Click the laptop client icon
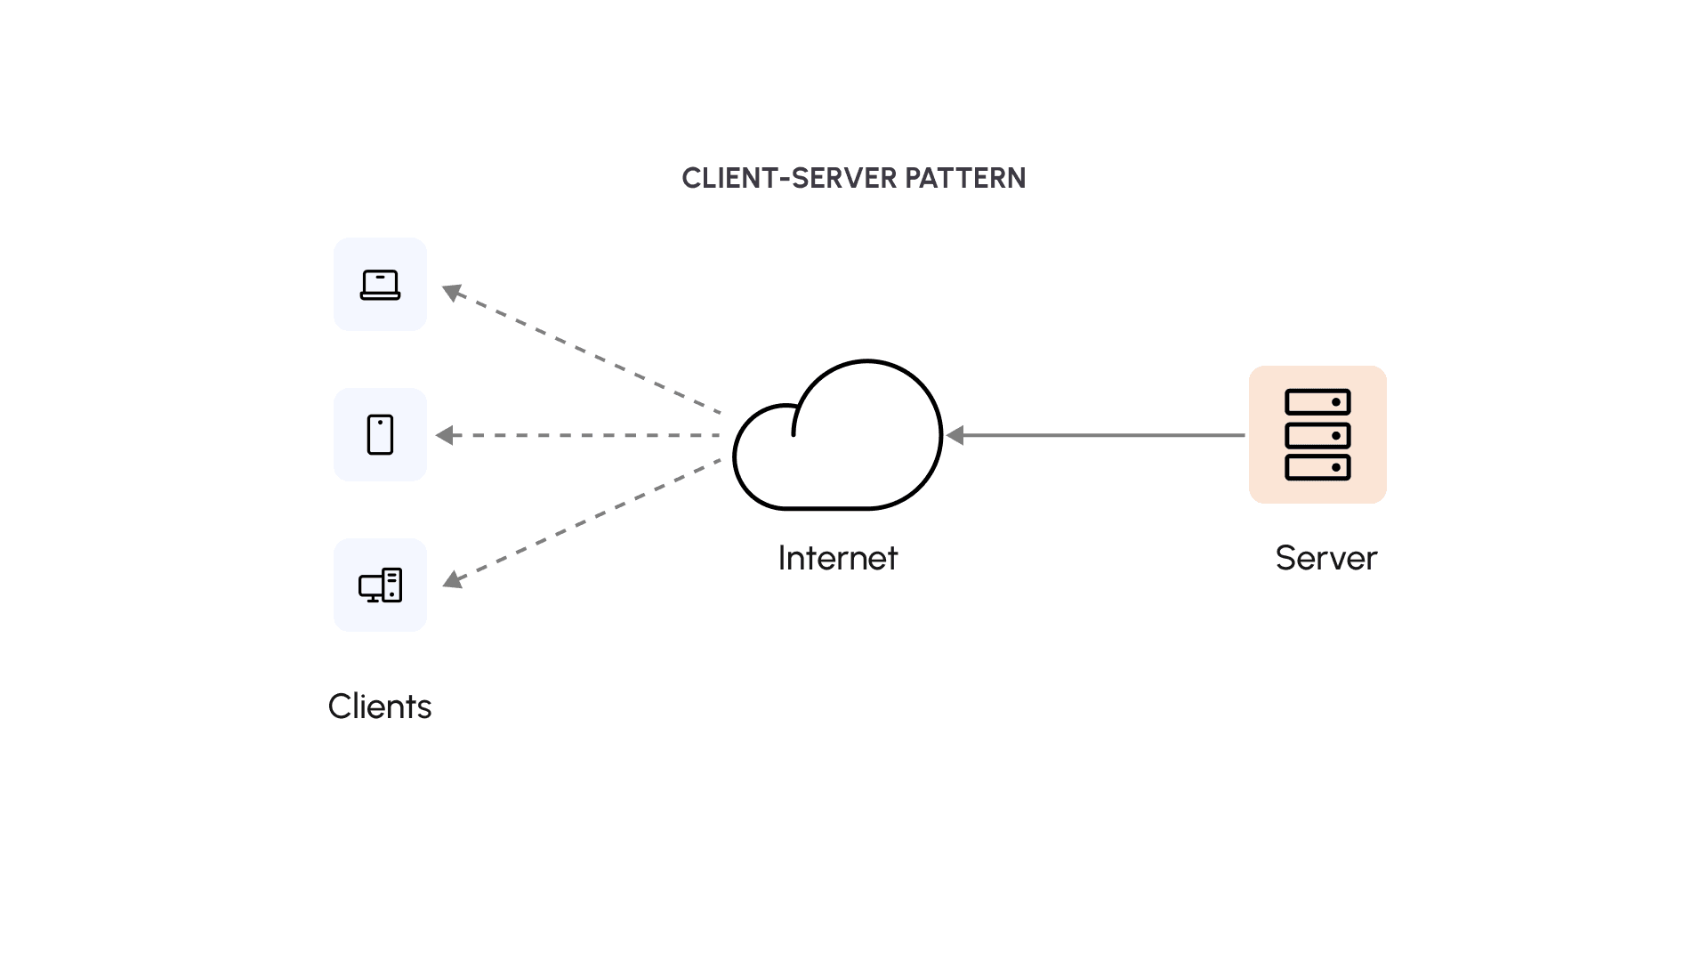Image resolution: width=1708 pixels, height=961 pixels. pos(380,285)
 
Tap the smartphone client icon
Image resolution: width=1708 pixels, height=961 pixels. pos(380,435)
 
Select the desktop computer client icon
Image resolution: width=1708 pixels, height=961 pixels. pos(380,585)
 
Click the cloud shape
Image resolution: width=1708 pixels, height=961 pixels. pos(837,445)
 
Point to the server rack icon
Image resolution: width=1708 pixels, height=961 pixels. pos(1317,435)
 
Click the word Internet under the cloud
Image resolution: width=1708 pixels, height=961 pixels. pos(837,558)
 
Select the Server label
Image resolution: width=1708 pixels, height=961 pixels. pos(1325,558)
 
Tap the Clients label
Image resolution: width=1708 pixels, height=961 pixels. pos(380,707)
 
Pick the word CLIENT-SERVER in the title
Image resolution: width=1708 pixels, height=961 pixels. pos(789,178)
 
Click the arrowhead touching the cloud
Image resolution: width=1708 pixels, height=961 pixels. pos(955,435)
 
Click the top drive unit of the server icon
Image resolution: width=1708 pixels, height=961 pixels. pos(1317,402)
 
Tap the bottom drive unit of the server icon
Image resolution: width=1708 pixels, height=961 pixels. pos(1317,467)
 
